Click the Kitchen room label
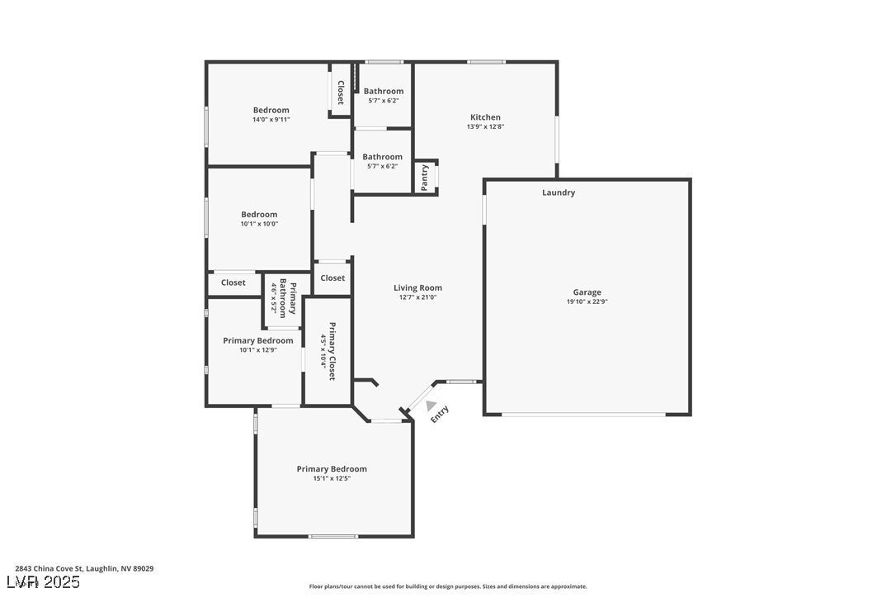[485, 117]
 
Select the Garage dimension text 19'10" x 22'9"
[587, 301]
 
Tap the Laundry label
[559, 192]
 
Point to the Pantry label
[425, 178]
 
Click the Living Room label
[417, 288]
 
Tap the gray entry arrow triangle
[431, 405]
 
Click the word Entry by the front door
[440, 414]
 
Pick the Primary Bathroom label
[287, 298]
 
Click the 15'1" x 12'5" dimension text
[332, 478]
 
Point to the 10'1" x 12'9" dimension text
[257, 349]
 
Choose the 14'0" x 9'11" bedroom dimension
[271, 119]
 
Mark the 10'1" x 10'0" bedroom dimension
[259, 223]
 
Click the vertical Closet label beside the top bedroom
[340, 92]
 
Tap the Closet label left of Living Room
[332, 278]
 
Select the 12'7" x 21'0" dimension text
[417, 297]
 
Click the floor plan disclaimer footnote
[448, 586]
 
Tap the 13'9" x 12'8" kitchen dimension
[485, 126]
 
